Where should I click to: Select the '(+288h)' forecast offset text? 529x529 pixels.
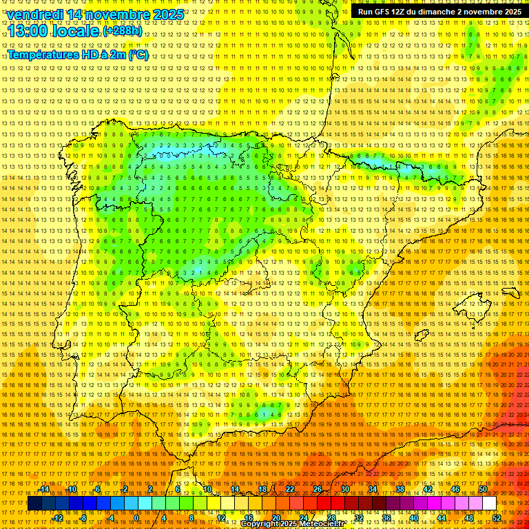123,32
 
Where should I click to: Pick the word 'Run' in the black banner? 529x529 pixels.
363,12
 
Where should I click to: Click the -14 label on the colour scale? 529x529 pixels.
44,489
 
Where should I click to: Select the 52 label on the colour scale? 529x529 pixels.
497,518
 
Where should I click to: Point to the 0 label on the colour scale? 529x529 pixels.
136,518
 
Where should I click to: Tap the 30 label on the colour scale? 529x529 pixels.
344,489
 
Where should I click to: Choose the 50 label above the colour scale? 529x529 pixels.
483,489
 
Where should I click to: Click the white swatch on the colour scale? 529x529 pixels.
490,504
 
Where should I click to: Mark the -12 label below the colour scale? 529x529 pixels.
57,518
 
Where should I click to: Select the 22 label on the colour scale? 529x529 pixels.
289,489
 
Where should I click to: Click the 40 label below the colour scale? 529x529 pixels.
413,518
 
